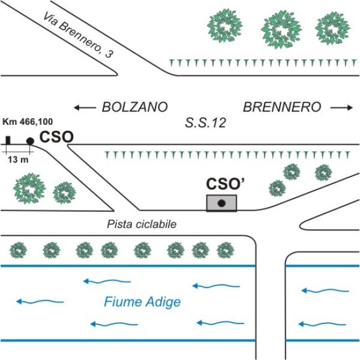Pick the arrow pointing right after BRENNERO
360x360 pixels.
pyautogui.click(x=341, y=108)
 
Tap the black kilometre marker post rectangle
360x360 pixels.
pyautogui.click(x=8, y=140)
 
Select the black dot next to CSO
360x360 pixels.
pyautogui.click(x=30, y=141)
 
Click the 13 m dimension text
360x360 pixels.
pyautogui.click(x=20, y=160)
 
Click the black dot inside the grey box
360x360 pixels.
pyautogui.click(x=221, y=203)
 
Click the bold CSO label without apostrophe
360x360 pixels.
pyautogui.click(x=56, y=137)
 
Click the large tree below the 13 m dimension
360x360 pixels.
pyautogui.click(x=27, y=188)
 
